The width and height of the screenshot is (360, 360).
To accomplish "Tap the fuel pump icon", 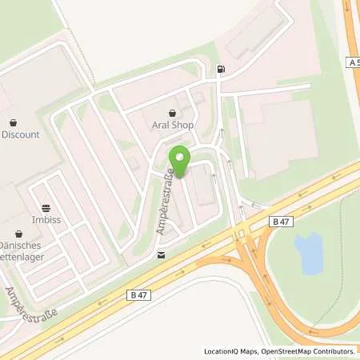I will click(220, 70).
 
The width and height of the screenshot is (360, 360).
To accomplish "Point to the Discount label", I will click(20, 134).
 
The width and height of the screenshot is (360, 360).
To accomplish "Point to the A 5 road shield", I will click(353, 62).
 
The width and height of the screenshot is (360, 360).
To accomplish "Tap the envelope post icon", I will click(162, 256).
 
